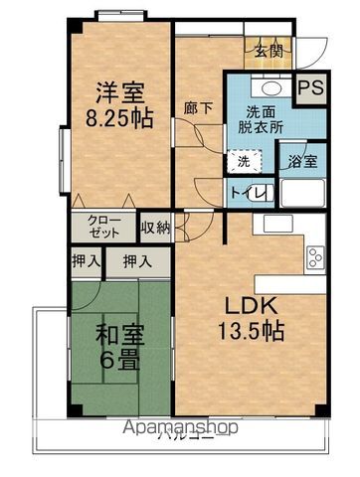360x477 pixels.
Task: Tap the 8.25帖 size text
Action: [118, 118]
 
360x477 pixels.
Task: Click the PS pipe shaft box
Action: [313, 87]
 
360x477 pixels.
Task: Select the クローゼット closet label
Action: [101, 226]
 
